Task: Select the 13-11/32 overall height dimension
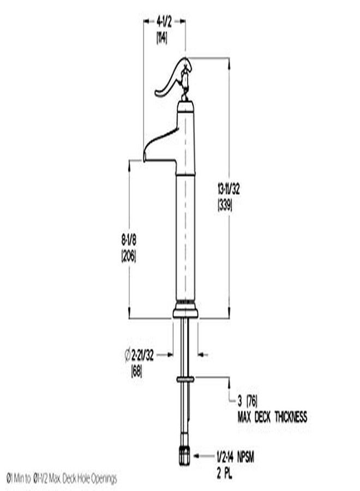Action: (229, 189)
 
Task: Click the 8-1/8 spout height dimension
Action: (129, 241)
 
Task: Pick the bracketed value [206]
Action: (129, 256)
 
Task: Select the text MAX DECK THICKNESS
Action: (272, 417)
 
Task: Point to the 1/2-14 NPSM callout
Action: (232, 454)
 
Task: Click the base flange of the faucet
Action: (185, 312)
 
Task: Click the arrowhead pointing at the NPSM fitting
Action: (199, 454)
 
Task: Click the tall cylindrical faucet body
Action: (185, 235)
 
